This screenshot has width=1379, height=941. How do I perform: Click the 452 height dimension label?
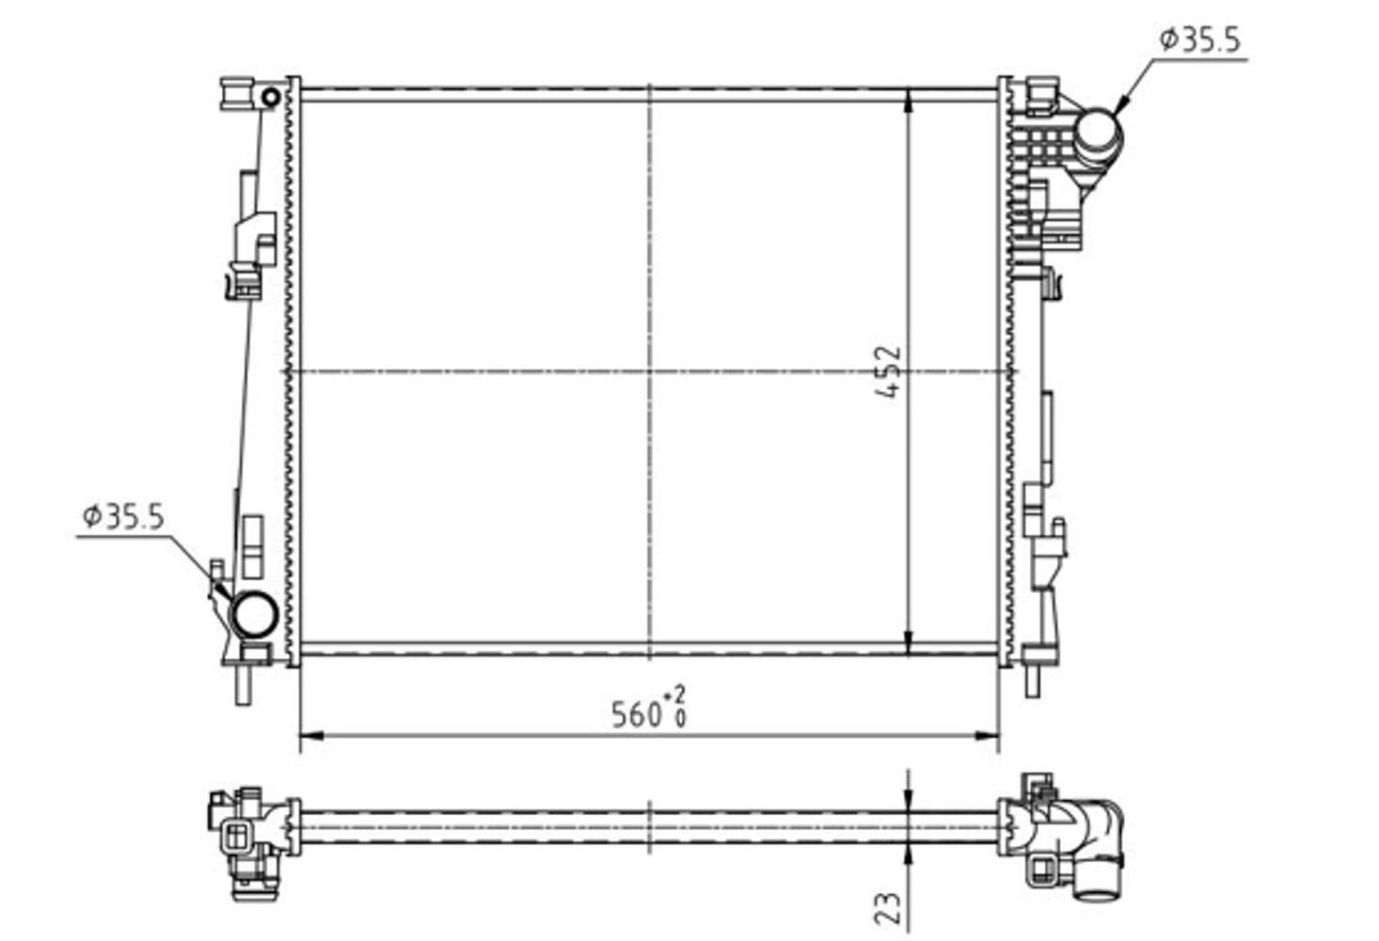click(888, 371)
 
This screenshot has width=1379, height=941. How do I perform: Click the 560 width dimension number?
click(636, 715)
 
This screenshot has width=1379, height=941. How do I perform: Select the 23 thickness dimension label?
click(888, 908)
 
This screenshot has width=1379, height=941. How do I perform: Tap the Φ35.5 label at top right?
click(1200, 40)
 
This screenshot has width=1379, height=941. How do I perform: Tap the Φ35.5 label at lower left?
click(124, 517)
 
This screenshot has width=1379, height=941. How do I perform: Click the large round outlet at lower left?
click(254, 614)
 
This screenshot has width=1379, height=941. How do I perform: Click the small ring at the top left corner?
click(271, 97)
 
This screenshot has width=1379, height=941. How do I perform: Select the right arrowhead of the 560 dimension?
click(987, 735)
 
